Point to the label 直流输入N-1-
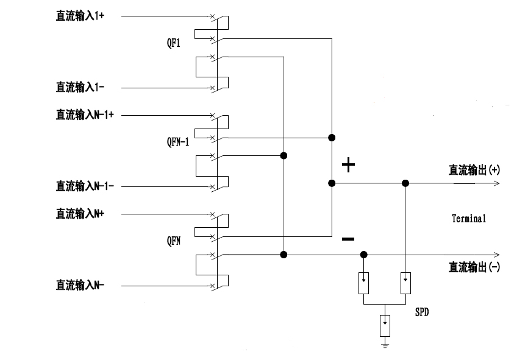[x=85, y=185]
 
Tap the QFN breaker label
[x=173, y=241]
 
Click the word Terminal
[x=469, y=217]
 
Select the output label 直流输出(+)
[x=474, y=171]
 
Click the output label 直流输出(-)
[x=474, y=266]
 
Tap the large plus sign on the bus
[x=348, y=165]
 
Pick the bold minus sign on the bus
[x=348, y=239]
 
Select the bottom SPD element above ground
[x=384, y=325]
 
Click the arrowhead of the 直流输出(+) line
[x=497, y=183]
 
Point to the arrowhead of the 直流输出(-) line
[x=497, y=254]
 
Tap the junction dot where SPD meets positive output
[x=405, y=183]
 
